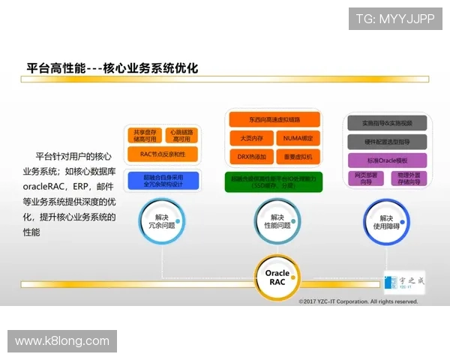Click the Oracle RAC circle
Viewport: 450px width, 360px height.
click(277, 278)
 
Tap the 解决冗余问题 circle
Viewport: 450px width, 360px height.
click(161, 220)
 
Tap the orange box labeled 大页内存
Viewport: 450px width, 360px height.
click(250, 139)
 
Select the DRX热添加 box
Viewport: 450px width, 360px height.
click(250, 157)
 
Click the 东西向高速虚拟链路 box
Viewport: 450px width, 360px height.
click(274, 120)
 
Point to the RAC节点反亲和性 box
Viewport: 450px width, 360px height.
click(162, 154)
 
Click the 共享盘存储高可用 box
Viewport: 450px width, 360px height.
click(145, 135)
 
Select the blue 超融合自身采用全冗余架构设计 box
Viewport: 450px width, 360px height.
click(162, 180)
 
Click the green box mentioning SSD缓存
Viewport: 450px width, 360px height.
click(274, 180)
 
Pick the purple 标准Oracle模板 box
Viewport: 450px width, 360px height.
click(387, 160)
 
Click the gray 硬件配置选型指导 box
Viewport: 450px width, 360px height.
click(387, 142)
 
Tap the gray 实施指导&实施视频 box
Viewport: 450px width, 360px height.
click(387, 123)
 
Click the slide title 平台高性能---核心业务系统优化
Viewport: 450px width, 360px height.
click(112, 67)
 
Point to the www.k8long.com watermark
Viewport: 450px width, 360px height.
click(62, 341)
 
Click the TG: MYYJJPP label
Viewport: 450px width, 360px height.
click(394, 18)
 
